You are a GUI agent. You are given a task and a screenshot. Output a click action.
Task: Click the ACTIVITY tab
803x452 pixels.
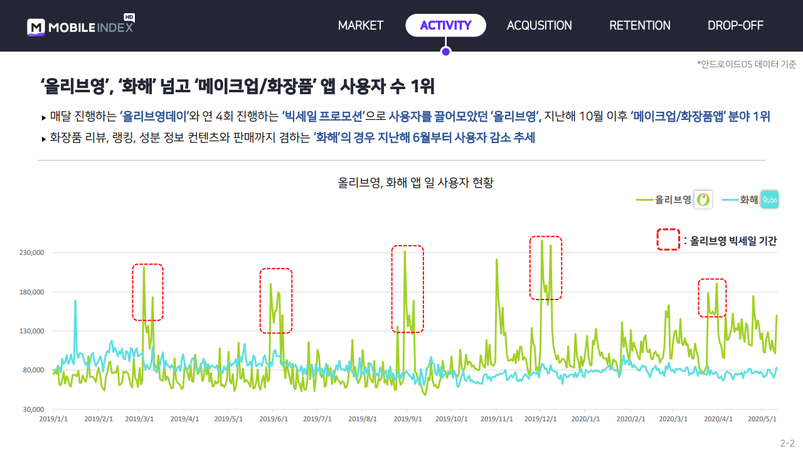tap(445, 26)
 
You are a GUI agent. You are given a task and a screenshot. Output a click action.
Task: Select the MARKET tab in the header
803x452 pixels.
tap(361, 26)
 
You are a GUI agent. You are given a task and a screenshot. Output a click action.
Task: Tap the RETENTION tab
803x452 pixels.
tap(640, 26)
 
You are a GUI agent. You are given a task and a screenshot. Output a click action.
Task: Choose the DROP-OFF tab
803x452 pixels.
tap(736, 26)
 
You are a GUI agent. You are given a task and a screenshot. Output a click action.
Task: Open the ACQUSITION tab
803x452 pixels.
tap(539, 26)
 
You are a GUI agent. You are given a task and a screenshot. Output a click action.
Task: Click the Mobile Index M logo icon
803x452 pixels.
tap(36, 27)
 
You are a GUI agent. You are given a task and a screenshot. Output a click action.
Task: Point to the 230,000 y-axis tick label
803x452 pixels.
tap(31, 252)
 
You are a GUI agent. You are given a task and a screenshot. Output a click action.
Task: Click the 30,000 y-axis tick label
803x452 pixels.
tap(33, 409)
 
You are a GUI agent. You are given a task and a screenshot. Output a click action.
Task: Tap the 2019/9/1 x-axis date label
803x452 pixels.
tap(408, 419)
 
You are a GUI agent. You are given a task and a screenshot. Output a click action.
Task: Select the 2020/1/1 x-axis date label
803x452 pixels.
tap(585, 419)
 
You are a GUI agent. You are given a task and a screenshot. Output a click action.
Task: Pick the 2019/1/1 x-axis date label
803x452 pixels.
tap(53, 419)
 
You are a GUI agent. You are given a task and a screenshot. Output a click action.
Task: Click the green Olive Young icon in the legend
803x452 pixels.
tap(703, 200)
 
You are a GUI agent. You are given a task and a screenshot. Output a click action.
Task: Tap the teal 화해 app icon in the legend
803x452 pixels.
tap(770, 200)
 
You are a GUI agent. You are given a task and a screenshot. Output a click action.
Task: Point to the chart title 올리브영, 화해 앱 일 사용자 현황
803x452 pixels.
tap(415, 183)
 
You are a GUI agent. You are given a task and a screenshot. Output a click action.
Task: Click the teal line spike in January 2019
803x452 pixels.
tap(75, 301)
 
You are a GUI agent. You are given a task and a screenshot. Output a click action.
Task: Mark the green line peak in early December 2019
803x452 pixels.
tap(541, 240)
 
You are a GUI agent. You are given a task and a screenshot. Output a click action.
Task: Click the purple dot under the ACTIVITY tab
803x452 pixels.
tap(446, 52)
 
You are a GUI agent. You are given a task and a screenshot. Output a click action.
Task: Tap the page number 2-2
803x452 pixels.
tap(787, 443)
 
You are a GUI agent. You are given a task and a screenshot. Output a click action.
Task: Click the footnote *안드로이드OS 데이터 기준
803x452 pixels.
tap(747, 64)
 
